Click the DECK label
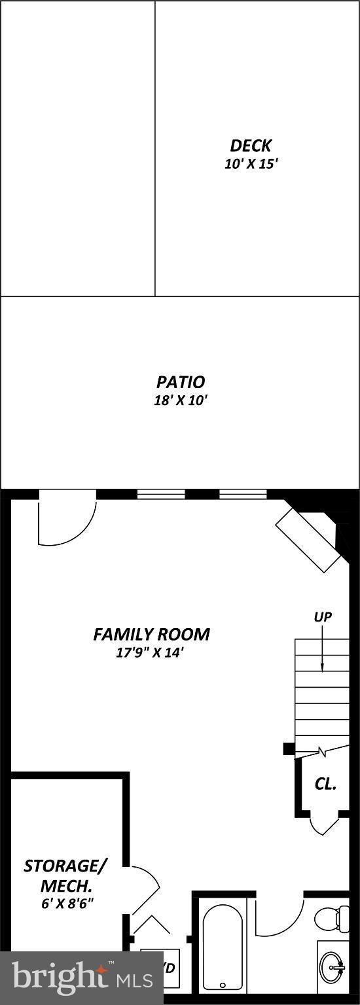251,145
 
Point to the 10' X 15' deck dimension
251,164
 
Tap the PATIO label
180,381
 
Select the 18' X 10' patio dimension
180,400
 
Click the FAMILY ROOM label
151,634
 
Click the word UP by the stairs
323,616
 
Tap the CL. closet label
325,784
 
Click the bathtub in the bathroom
222,945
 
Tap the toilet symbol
331,919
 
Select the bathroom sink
333,964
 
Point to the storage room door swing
143,890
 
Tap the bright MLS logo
82,978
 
